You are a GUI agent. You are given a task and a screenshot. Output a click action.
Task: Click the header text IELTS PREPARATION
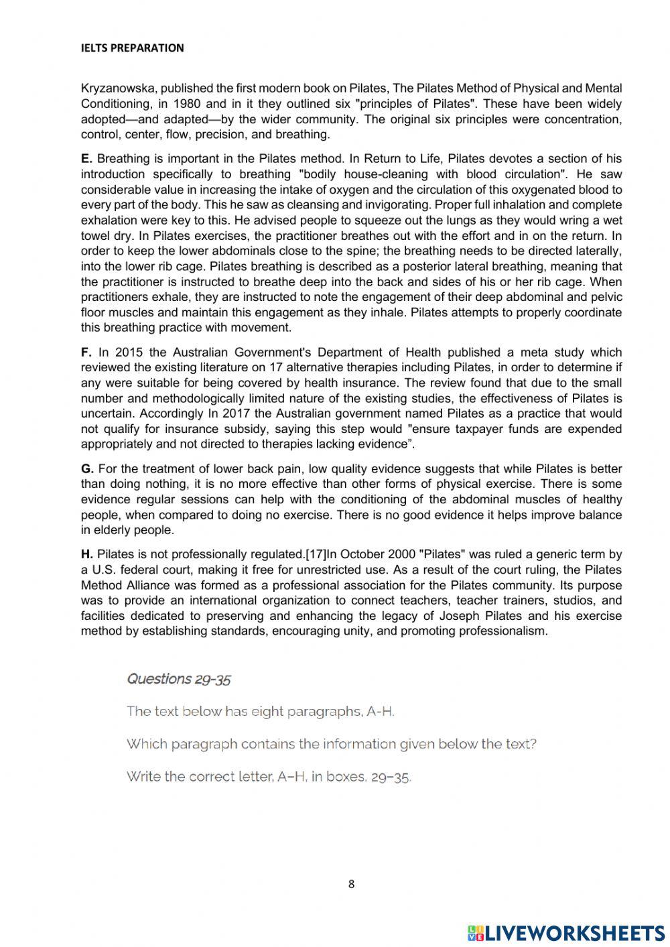[x=132, y=48]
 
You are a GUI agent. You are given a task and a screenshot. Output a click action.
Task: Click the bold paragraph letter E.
[x=86, y=159]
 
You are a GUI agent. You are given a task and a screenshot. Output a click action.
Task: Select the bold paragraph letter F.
[x=86, y=353]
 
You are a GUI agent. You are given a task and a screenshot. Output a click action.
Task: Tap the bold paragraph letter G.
[x=87, y=469]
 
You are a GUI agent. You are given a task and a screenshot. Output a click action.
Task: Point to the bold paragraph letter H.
[x=86, y=555]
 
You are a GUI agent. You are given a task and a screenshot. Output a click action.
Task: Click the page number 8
[x=351, y=884]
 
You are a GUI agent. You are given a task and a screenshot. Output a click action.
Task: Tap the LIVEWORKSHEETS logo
[x=565, y=932]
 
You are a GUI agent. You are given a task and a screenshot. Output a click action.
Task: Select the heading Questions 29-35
[x=179, y=679]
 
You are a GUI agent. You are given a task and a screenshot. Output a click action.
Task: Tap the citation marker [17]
[x=316, y=555]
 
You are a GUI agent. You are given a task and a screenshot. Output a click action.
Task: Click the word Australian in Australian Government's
[x=201, y=353]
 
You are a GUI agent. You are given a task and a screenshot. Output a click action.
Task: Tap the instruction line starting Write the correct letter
[x=269, y=777]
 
